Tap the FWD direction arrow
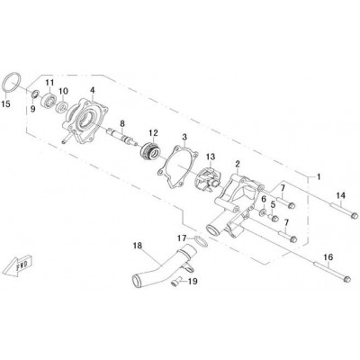(x=17, y=265)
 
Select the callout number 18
(x=138, y=246)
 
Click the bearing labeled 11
(x=48, y=98)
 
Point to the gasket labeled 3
(x=161, y=172)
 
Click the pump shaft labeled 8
(x=122, y=137)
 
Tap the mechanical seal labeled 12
(x=149, y=151)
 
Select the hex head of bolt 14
(x=354, y=215)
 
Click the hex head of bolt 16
(x=346, y=279)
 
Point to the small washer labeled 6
(x=263, y=212)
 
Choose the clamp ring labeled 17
(x=201, y=241)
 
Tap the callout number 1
(x=319, y=176)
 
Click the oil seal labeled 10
(x=62, y=107)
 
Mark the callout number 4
(x=93, y=90)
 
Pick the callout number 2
(x=238, y=164)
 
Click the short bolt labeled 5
(x=274, y=218)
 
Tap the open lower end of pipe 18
(x=137, y=283)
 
